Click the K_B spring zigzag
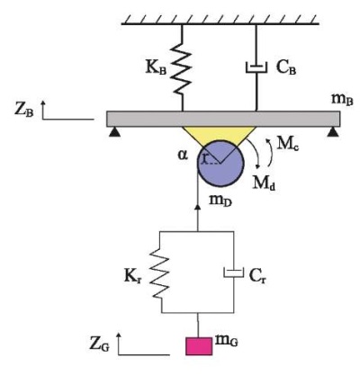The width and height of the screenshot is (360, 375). [x=182, y=70]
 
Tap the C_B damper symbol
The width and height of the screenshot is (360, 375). [x=256, y=67]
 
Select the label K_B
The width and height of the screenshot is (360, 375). [x=156, y=68]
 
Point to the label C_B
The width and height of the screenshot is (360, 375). [x=286, y=68]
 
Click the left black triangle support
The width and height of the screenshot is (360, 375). [x=114, y=132]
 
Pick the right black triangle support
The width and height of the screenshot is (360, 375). [x=333, y=132]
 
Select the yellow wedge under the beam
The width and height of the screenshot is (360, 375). [x=220, y=134]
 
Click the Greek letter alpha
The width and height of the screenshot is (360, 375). [x=183, y=155]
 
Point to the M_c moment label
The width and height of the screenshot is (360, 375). [x=288, y=144]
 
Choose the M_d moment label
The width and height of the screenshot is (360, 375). [x=264, y=182]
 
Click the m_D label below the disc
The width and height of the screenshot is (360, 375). [x=220, y=201]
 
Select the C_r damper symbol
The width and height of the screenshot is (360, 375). [x=234, y=272]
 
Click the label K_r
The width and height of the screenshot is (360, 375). [x=132, y=278]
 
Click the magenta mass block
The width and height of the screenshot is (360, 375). [x=199, y=346]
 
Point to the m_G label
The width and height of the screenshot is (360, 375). [x=227, y=341]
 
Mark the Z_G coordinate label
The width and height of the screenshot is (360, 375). [x=100, y=344]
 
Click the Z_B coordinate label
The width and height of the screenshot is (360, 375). [x=24, y=110]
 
